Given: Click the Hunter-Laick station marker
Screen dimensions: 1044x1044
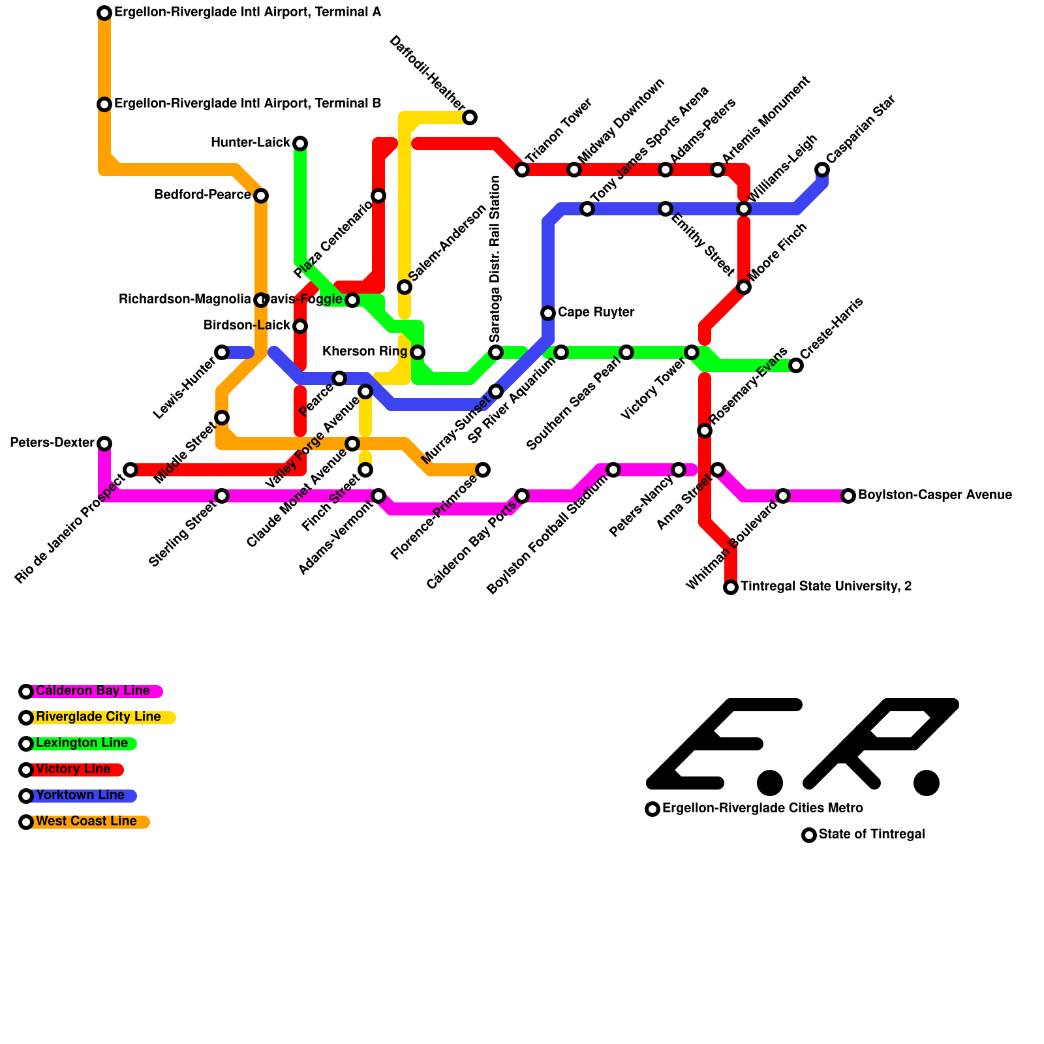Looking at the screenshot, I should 300,144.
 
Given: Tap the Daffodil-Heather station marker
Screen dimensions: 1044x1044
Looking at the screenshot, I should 470,117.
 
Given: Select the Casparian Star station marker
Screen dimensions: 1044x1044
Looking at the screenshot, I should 822,170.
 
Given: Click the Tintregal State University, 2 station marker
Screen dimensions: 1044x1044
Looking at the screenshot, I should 731,587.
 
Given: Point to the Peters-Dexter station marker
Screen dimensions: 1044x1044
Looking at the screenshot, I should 104,444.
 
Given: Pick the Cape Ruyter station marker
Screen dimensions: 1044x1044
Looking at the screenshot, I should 548,313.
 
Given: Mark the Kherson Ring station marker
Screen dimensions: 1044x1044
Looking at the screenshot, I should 418,352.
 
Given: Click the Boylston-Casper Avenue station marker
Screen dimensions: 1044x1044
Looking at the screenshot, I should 848,496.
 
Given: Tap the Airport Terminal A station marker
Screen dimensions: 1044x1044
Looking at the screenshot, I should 104,13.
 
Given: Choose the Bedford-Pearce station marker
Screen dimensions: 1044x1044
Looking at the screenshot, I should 261,196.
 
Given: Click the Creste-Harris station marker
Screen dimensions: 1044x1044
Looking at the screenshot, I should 796,365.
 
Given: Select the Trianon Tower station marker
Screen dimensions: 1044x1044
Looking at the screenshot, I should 522,170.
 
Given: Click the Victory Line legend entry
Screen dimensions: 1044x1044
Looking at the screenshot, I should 73,769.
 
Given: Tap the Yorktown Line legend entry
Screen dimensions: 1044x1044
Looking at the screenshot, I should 80,795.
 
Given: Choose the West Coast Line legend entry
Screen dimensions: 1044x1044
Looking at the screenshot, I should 86,821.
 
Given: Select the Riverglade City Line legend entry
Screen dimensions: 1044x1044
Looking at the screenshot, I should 98,717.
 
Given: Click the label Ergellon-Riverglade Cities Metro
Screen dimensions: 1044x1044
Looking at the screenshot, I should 762,808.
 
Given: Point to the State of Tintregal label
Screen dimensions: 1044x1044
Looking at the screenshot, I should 871,835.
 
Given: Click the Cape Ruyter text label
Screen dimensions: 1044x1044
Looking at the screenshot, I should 596,313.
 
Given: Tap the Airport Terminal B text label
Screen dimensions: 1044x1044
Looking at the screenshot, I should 247,104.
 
